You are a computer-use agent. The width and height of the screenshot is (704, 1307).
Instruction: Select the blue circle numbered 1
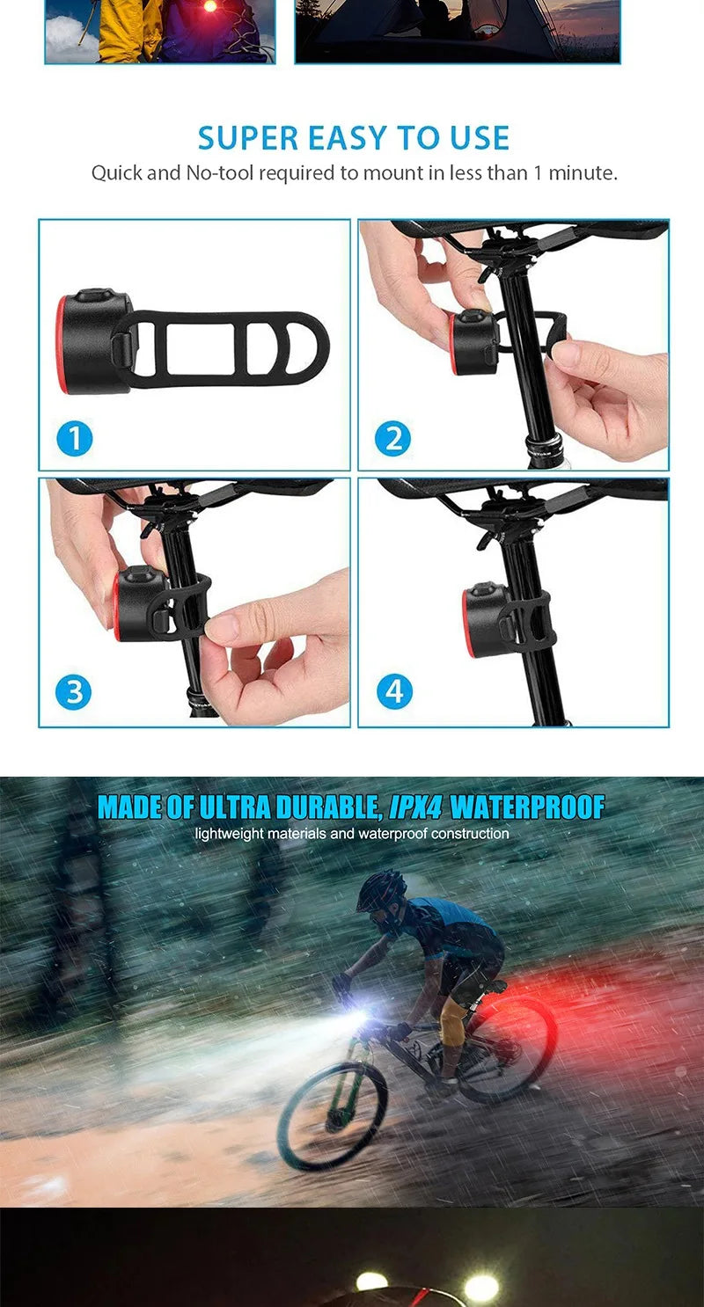pos(75,438)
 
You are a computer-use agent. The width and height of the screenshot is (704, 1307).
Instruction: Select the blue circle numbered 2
pos(393,438)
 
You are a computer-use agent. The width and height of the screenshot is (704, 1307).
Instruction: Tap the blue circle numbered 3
pos(73,693)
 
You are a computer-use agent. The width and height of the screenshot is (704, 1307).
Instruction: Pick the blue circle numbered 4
pos(393,693)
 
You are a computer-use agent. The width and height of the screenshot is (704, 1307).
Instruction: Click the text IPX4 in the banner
pos(415,807)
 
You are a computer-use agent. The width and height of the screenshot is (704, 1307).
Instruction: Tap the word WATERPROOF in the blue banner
pos(528,807)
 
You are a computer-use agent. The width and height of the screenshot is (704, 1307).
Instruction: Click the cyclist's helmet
pos(382,891)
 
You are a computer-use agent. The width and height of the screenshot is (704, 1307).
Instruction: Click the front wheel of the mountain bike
pos(333,1115)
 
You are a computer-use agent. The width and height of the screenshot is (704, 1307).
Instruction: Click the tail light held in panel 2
pos(473,341)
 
